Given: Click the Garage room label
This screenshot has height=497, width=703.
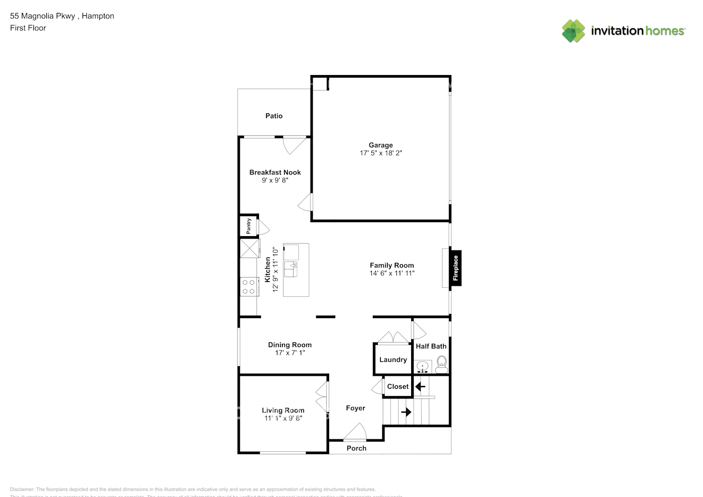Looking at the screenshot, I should tap(380, 145).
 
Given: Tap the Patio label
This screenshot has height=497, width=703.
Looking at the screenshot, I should tap(273, 116).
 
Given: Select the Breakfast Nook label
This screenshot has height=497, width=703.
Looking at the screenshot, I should tap(275, 172).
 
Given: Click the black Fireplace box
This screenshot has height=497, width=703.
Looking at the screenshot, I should tap(455, 268).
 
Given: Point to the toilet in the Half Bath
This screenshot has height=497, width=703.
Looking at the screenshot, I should tap(441, 365).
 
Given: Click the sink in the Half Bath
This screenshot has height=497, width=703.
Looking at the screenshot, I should tap(423, 367).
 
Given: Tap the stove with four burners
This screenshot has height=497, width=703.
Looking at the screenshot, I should tap(249, 287).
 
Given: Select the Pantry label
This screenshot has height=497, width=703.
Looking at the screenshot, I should tap(249, 226).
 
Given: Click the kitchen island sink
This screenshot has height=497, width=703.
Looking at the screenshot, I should tap(290, 269).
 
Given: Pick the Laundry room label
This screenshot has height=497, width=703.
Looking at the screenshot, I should tap(393, 360).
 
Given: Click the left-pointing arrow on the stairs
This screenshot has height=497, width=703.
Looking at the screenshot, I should tap(420, 386).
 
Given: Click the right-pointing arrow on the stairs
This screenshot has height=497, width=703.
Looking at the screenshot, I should tap(406, 412).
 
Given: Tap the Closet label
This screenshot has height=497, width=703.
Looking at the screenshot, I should tap(398, 387).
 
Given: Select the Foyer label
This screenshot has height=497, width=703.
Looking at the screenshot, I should tap(355, 408).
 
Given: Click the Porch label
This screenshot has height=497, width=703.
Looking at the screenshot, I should tap(356, 448).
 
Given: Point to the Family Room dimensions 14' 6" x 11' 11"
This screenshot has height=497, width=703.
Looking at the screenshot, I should tap(392, 273).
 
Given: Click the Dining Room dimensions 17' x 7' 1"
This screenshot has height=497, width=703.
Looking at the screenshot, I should tap(290, 353).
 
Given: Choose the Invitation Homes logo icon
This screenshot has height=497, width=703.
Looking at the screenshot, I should tap(573, 31).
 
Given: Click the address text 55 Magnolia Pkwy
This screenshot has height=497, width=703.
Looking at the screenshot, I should tap(43, 16).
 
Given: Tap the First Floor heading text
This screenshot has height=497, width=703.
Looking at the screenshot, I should tap(28, 28).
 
